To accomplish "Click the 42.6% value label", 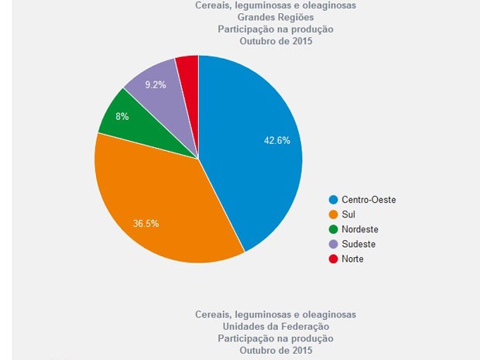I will [x=276, y=140].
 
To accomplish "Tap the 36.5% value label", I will [x=146, y=224].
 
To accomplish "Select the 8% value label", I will [x=122, y=116].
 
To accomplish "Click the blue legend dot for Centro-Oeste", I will [x=334, y=200].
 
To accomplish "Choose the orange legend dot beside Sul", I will [x=334, y=214].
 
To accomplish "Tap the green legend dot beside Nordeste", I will [x=334, y=229].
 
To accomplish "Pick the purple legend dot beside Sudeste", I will [x=334, y=244].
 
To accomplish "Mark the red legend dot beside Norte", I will [x=334, y=259].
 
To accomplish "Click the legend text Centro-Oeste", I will [x=369, y=200].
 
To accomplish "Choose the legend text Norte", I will [x=352, y=259].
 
